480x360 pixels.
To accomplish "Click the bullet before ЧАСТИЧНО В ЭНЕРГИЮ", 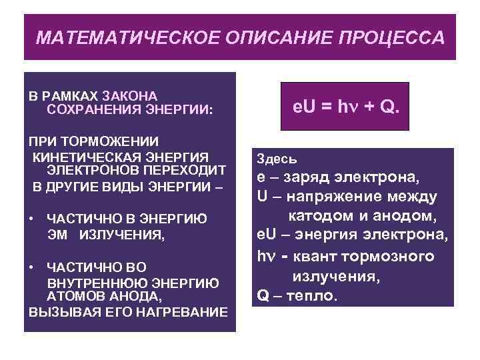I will click(31, 218).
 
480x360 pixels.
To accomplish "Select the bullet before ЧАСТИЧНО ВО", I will click(31, 266).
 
